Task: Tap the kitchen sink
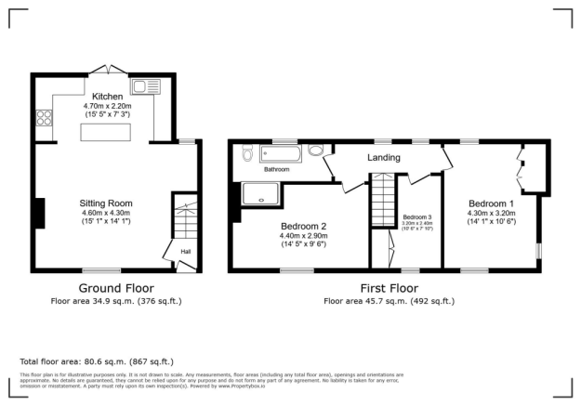pyautogui.click(x=147, y=88)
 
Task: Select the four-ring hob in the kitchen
pyautogui.click(x=43, y=118)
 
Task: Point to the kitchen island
pyautogui.click(x=106, y=133)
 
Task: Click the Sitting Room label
pyautogui.click(x=106, y=203)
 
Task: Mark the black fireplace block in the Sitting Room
pyautogui.click(x=39, y=213)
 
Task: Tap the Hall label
pyautogui.click(x=186, y=251)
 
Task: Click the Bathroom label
pyautogui.click(x=276, y=170)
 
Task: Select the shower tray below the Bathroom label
pyautogui.click(x=261, y=192)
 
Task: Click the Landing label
pyautogui.click(x=383, y=158)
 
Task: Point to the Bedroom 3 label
pyautogui.click(x=416, y=216)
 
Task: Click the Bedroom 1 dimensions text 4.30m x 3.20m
pyautogui.click(x=490, y=213)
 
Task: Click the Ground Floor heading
pyautogui.click(x=116, y=288)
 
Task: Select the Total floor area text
pyautogui.click(x=97, y=361)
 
